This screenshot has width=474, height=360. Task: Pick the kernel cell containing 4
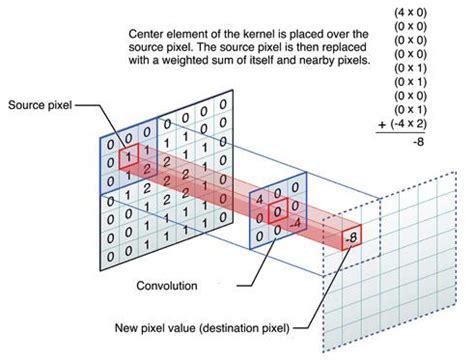click(260, 200)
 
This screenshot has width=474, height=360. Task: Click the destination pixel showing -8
click(351, 239)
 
